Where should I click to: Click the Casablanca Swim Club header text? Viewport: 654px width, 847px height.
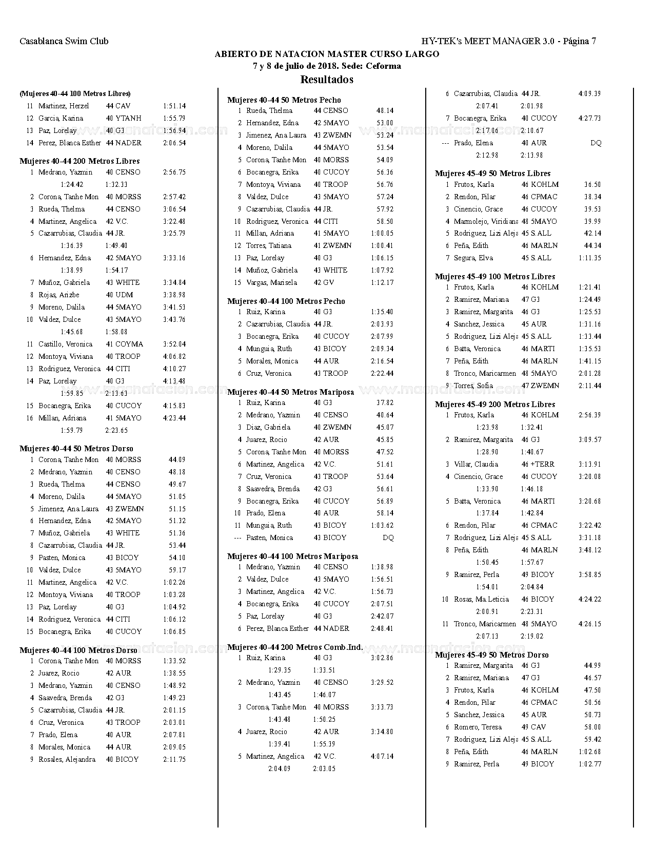click(64, 41)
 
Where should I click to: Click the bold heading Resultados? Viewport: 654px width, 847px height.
click(327, 80)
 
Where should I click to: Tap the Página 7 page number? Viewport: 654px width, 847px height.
click(579, 41)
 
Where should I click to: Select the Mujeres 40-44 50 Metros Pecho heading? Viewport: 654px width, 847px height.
click(284, 100)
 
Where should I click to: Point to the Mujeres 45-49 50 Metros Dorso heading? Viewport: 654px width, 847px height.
click(492, 655)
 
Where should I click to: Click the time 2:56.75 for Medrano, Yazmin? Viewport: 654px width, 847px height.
click(174, 172)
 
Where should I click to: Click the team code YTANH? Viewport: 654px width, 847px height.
click(128, 119)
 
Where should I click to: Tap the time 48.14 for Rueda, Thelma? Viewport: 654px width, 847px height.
click(385, 111)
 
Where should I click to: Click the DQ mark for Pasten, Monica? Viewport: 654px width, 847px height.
click(388, 538)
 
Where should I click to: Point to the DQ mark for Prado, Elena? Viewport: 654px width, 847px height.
click(596, 143)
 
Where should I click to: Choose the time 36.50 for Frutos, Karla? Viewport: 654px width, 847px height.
click(592, 185)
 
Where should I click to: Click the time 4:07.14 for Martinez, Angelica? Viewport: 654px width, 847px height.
click(382, 757)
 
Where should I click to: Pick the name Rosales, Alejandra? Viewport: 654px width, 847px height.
click(67, 760)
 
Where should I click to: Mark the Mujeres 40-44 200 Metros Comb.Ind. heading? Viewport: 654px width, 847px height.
click(295, 647)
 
